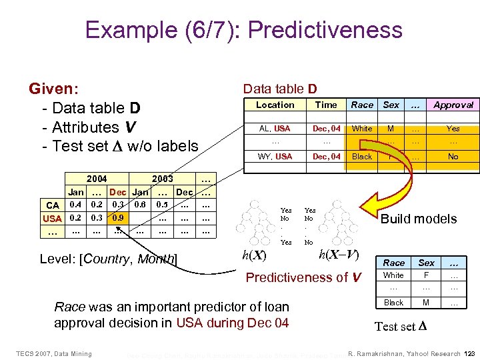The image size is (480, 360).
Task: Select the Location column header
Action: [x=275, y=105]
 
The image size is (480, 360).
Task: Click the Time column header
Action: [x=326, y=105]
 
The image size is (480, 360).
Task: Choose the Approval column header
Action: [x=453, y=105]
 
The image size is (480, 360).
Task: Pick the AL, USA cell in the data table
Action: [x=275, y=128]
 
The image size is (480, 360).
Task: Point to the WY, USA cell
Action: [x=275, y=157]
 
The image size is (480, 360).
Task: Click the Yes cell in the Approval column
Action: [x=453, y=128]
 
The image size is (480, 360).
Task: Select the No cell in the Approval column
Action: [x=453, y=157]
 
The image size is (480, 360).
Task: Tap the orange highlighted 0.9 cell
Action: [x=118, y=217]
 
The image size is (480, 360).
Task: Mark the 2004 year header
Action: [x=97, y=179]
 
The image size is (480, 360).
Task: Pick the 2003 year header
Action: [x=163, y=179]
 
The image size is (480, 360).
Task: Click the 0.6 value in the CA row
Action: [x=140, y=205]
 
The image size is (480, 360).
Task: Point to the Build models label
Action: [x=418, y=219]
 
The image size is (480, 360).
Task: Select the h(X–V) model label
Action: [x=339, y=254]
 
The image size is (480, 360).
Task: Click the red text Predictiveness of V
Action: [x=304, y=277]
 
